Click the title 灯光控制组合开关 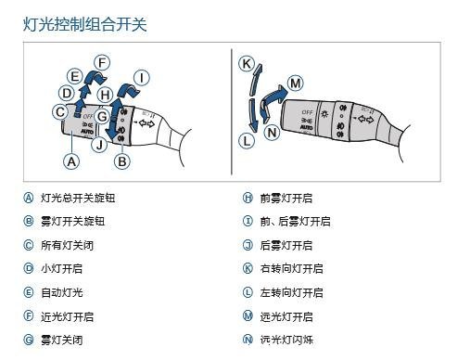(85, 24)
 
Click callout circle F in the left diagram (102, 63)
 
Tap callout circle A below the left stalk (71, 161)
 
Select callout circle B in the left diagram (122, 161)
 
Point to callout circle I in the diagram (142, 78)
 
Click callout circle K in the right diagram (247, 64)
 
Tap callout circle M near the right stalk (295, 84)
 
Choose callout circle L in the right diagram (247, 141)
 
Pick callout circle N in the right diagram (272, 133)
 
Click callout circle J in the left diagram (99, 145)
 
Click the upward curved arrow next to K (255, 80)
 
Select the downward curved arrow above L (253, 115)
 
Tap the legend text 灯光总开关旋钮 (78, 198)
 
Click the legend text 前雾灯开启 (286, 198)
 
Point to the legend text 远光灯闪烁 (286, 340)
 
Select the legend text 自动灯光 (62, 292)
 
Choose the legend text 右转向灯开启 (291, 268)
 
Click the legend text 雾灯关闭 (62, 340)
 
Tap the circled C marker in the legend (29, 245)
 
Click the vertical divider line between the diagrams (232, 111)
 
